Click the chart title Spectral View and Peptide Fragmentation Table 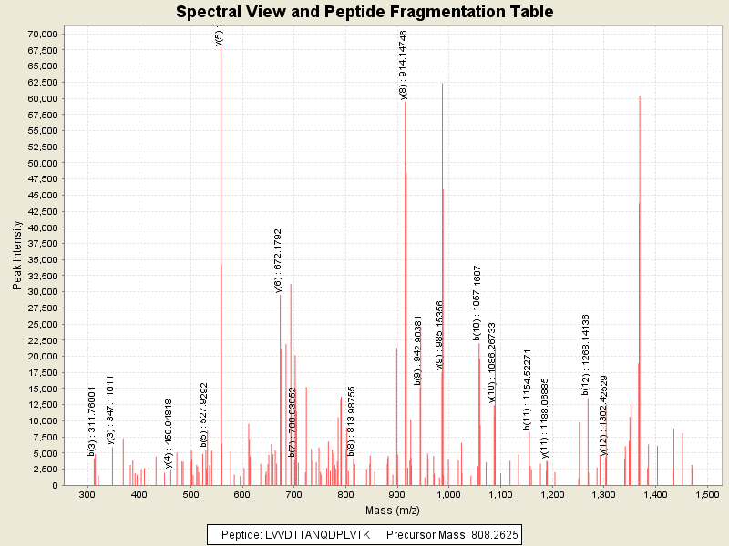(x=364, y=12)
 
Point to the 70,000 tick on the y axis (x=45, y=34)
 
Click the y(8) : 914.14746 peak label (x=404, y=65)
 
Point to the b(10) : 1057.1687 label (x=477, y=303)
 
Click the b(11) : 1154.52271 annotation (x=528, y=389)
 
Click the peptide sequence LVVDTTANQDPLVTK (x=324, y=535)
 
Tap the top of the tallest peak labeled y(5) (x=221, y=47)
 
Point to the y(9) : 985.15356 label (x=440, y=335)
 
